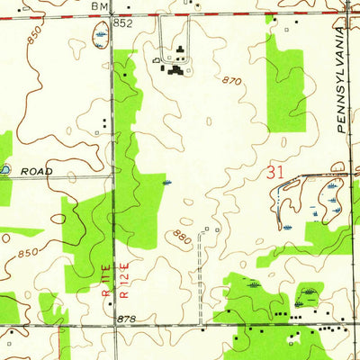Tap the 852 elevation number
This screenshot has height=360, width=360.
pyautogui.click(x=123, y=23)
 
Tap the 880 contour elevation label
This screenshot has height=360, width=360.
pyautogui.click(x=181, y=238)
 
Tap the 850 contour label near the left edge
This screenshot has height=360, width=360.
pyautogui.click(x=28, y=252)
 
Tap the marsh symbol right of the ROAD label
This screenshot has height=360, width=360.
pyautogui.click(x=168, y=184)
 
